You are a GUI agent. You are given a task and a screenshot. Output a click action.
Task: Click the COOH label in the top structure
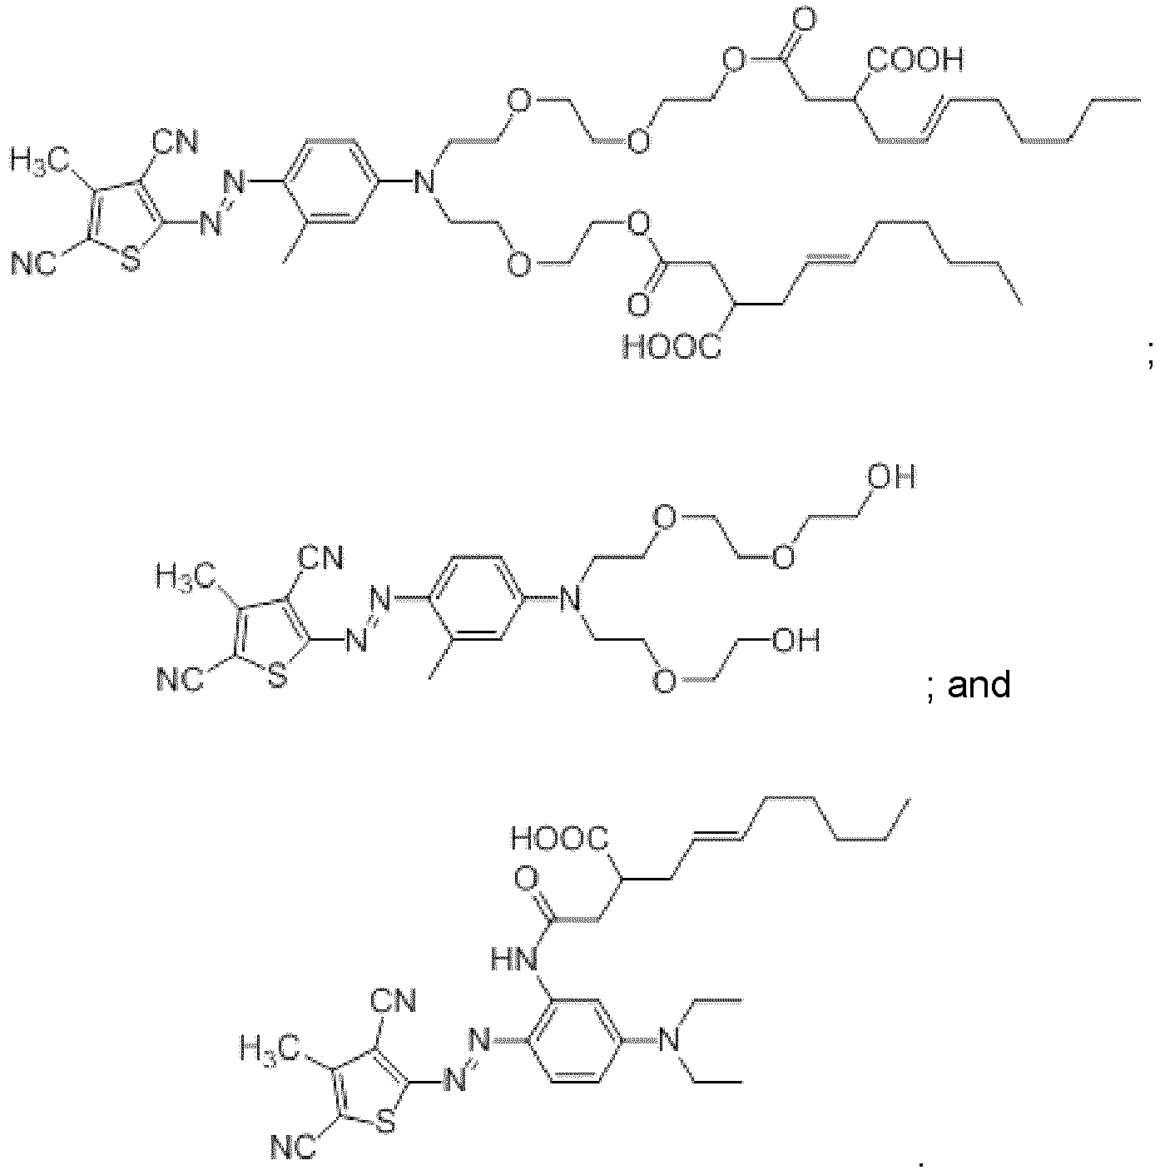(x=915, y=60)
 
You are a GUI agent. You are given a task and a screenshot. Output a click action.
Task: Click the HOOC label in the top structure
(x=672, y=347)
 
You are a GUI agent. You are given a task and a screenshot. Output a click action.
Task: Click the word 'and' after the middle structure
(x=979, y=684)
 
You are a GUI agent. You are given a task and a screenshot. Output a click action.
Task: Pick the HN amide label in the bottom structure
(x=514, y=960)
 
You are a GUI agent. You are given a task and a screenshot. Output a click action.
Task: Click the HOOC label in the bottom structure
(x=559, y=838)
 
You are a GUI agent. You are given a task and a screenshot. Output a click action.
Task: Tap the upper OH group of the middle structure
(x=891, y=477)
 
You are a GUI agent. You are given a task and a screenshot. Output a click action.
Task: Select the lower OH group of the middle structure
(x=796, y=640)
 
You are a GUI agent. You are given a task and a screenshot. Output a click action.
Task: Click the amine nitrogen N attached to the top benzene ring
(x=424, y=181)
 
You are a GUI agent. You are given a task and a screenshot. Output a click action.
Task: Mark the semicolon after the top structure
(x=1150, y=360)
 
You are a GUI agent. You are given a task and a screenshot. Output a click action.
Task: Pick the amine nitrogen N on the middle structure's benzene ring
(x=570, y=598)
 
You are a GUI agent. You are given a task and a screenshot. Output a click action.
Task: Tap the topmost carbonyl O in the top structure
(x=805, y=22)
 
